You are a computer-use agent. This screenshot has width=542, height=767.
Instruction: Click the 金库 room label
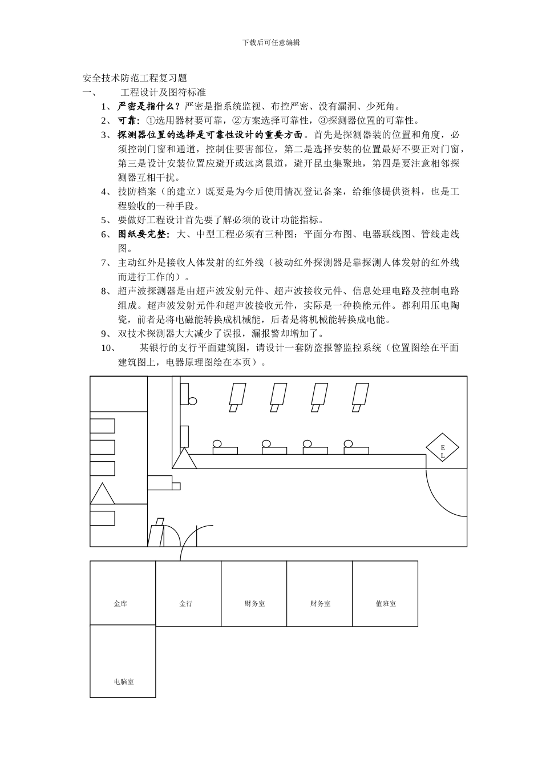coord(120,603)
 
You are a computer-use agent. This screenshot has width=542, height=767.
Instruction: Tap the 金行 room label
coord(186,603)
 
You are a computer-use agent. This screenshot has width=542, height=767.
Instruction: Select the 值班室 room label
coord(386,603)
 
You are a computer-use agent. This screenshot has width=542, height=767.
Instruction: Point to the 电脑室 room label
coord(124,681)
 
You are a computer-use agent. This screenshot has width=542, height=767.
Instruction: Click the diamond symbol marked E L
coord(442,447)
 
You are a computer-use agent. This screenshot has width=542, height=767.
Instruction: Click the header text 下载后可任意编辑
coord(271,42)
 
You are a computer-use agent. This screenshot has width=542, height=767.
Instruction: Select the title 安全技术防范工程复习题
coord(135,78)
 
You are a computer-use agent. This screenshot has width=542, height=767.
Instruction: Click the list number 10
coord(107,348)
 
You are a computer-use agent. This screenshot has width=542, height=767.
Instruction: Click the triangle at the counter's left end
coord(184,458)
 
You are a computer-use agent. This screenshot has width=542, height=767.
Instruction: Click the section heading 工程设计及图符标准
coord(163,92)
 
